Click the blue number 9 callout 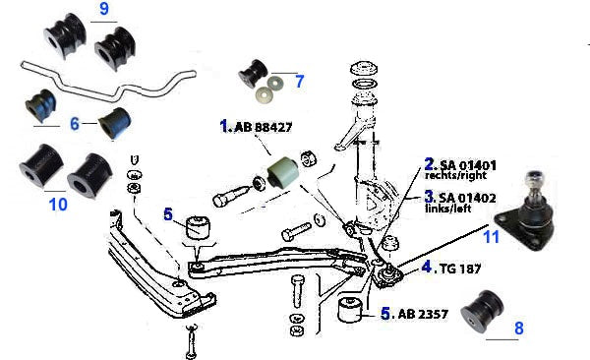104,8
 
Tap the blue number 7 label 300,82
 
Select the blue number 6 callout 75,124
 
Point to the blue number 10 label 58,205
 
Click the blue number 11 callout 491,237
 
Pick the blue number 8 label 519,328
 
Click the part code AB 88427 263,127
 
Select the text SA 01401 468,165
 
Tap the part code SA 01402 468,198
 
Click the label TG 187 460,269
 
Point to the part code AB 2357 423,314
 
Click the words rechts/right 455,175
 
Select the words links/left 448,209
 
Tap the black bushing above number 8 482,311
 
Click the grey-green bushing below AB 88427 284,172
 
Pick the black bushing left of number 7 253,73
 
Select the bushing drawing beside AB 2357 350,310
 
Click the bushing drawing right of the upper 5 198,226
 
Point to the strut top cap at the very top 364,69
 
